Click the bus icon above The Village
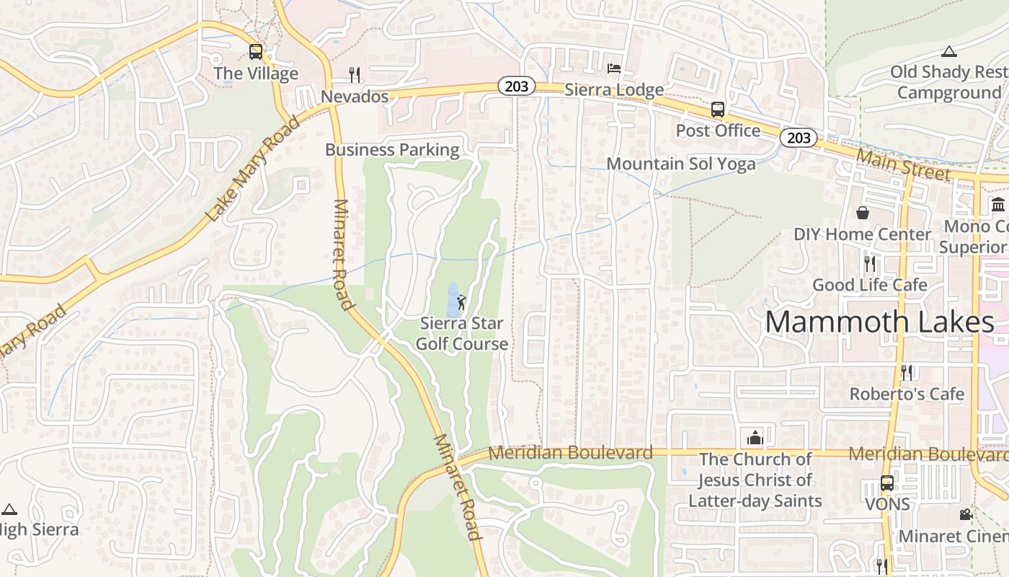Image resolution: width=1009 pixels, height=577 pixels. [256, 52]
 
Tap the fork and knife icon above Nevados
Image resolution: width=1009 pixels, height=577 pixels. [354, 75]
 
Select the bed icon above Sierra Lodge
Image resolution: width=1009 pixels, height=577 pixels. [614, 69]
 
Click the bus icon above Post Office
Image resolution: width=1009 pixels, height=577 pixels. [718, 110]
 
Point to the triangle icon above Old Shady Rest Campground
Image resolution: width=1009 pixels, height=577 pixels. [949, 51]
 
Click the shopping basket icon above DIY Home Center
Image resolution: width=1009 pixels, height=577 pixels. [862, 213]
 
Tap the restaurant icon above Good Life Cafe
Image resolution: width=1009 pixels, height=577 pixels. [870, 263]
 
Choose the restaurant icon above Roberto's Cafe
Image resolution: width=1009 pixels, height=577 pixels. [907, 372]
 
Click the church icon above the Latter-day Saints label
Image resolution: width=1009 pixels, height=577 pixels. [755, 437]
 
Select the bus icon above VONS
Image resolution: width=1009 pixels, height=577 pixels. [887, 483]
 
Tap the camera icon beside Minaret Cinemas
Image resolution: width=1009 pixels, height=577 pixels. [966, 515]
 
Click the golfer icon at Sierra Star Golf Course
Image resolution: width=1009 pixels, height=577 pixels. [461, 302]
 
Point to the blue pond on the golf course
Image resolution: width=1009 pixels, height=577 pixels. [453, 300]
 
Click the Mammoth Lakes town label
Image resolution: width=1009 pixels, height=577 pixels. [879, 322]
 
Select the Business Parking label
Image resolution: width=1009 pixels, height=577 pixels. [392, 150]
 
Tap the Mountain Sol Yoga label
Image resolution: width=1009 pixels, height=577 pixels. [681, 164]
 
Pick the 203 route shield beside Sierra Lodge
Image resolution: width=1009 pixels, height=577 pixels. [516, 87]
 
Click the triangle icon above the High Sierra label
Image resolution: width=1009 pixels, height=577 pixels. [9, 509]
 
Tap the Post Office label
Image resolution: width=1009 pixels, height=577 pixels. [718, 131]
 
